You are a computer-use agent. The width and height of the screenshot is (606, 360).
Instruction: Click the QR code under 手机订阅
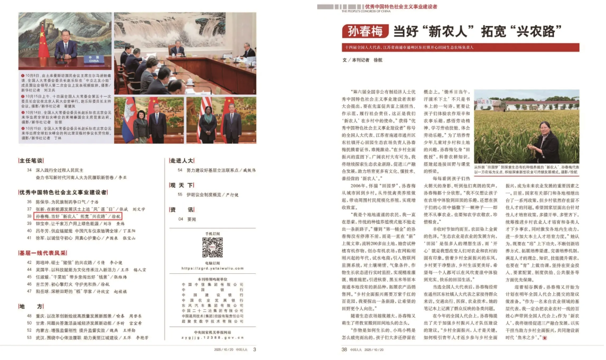pyautogui.click(x=212, y=247)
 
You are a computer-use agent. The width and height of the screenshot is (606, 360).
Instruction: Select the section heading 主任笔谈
pyautogui.click(x=31, y=161)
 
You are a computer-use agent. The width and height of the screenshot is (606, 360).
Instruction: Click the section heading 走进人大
pyautogui.click(x=182, y=161)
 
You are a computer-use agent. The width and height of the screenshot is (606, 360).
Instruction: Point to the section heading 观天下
pyautogui.click(x=181, y=185)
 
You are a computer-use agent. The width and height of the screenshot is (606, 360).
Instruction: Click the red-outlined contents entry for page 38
pyautogui.click(x=70, y=216)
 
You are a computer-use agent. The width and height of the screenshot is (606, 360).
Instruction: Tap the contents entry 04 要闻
pyautogui.click(x=183, y=219)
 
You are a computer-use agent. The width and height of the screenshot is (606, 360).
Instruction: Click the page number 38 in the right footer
pyautogui.click(x=344, y=349)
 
